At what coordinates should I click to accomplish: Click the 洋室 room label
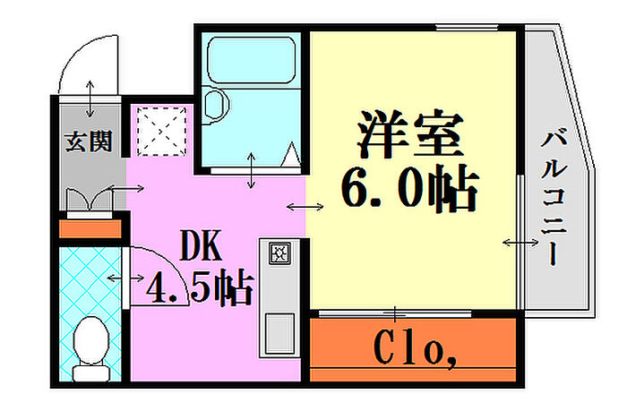(x=410, y=133)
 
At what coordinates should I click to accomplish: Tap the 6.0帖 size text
(x=409, y=189)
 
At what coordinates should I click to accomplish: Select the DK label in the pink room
(x=201, y=244)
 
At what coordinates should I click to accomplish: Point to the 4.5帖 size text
(x=200, y=287)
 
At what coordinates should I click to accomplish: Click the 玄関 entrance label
(x=89, y=141)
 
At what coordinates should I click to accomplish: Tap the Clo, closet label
(x=415, y=348)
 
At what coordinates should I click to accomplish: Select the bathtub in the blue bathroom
(x=252, y=60)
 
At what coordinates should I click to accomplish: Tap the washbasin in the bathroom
(x=216, y=105)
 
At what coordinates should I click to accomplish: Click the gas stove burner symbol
(x=279, y=253)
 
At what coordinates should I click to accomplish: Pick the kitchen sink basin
(x=279, y=333)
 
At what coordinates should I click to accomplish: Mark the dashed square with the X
(x=161, y=131)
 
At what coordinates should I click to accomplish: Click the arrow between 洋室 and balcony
(x=520, y=242)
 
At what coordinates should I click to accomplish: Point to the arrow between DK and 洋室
(x=305, y=207)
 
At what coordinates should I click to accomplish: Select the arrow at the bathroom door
(x=251, y=170)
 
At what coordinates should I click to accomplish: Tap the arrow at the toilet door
(x=125, y=278)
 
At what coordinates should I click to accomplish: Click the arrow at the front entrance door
(x=90, y=98)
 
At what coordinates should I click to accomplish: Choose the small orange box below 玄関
(x=90, y=229)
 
